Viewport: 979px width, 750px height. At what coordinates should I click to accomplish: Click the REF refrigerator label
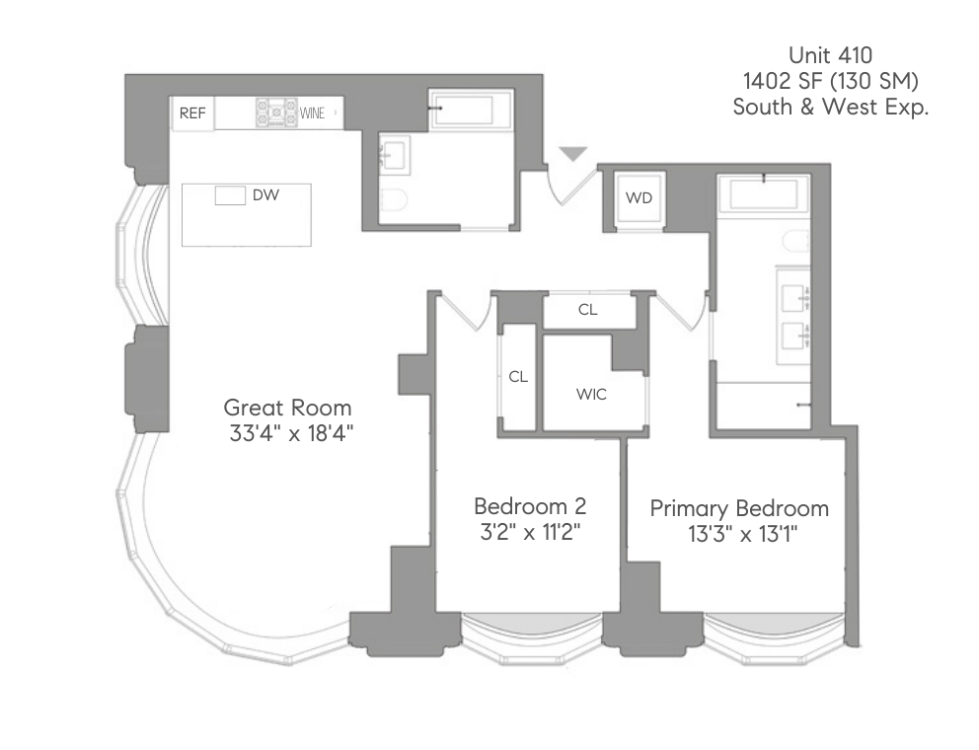(x=192, y=113)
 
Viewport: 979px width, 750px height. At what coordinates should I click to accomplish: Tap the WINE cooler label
(x=313, y=113)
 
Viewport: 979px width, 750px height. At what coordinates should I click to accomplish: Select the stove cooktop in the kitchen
(x=276, y=113)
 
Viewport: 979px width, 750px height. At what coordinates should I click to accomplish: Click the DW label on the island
(x=265, y=195)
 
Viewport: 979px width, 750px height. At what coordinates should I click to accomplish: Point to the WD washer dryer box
(x=639, y=198)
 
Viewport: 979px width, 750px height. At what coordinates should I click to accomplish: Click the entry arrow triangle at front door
(x=573, y=154)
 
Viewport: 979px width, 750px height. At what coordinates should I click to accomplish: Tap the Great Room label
(x=287, y=407)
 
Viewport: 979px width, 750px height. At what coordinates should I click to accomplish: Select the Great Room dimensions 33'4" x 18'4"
(x=287, y=433)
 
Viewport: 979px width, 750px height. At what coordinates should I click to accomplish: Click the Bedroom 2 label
(x=530, y=506)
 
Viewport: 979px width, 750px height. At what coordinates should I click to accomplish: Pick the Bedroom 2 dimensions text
(x=530, y=533)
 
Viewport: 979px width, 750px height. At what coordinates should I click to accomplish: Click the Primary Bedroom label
(x=739, y=509)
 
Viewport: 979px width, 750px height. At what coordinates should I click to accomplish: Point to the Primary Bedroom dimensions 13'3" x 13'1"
(x=739, y=536)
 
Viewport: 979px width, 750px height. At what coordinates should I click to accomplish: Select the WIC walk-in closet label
(x=591, y=395)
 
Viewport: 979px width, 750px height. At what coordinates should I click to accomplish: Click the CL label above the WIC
(x=588, y=310)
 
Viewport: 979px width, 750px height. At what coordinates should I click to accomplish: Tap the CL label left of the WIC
(x=518, y=377)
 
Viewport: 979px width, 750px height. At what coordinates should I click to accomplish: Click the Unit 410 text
(x=830, y=55)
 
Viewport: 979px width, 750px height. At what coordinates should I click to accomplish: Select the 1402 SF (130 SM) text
(x=830, y=81)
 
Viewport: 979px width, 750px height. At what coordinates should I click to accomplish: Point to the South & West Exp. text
(x=830, y=108)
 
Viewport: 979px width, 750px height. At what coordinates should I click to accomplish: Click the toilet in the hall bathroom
(x=394, y=201)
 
